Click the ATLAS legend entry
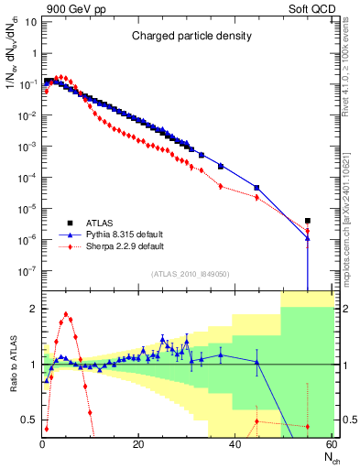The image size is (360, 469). click(x=94, y=222)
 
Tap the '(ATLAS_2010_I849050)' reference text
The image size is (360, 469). click(x=189, y=272)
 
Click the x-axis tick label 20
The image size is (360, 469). click(x=138, y=444)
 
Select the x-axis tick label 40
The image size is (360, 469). click(x=235, y=444)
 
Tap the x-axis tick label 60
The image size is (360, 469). click(x=332, y=444)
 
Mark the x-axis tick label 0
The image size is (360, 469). click(x=42, y=444)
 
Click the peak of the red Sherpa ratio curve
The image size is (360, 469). click(x=66, y=315)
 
